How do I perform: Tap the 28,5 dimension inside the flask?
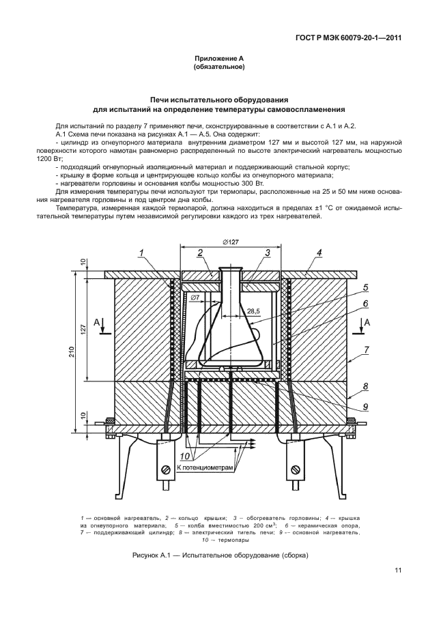253,310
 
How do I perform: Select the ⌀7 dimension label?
195,298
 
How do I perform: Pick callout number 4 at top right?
319,254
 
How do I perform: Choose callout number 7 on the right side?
366,349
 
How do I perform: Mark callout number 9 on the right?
366,408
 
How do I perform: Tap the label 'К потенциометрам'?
205,469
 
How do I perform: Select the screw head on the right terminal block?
296,469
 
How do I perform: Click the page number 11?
397,572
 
